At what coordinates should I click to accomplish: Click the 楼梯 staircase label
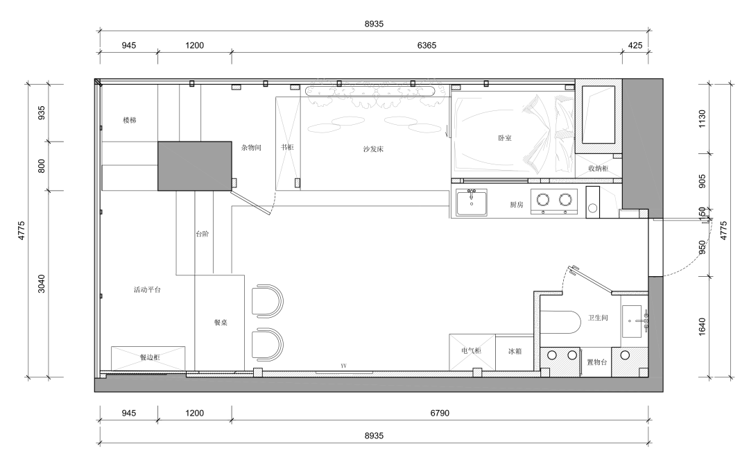click(x=130, y=120)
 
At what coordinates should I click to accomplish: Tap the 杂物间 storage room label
click(x=251, y=148)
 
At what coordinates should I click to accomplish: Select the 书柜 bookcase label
click(x=287, y=147)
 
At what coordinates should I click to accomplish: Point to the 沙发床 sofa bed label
click(x=373, y=148)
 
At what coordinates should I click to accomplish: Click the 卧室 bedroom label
click(x=505, y=137)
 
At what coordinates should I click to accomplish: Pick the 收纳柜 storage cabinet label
click(x=598, y=169)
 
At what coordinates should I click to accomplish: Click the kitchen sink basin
click(x=472, y=203)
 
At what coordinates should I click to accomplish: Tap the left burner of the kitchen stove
click(x=542, y=199)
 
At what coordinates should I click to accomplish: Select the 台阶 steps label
click(x=202, y=234)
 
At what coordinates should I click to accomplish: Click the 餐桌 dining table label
click(x=221, y=322)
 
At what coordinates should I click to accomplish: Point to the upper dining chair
click(x=268, y=300)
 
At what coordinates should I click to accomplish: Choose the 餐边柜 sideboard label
click(x=150, y=357)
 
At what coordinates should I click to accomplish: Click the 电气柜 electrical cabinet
click(x=472, y=352)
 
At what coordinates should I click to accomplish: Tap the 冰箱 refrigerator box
click(x=515, y=352)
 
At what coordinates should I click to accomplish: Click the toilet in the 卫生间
click(x=560, y=323)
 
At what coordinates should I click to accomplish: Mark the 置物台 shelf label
click(x=597, y=362)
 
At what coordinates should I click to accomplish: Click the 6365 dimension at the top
click(x=427, y=45)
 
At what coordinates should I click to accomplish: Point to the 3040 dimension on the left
click(x=41, y=284)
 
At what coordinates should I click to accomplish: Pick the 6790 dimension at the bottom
click(x=440, y=413)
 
